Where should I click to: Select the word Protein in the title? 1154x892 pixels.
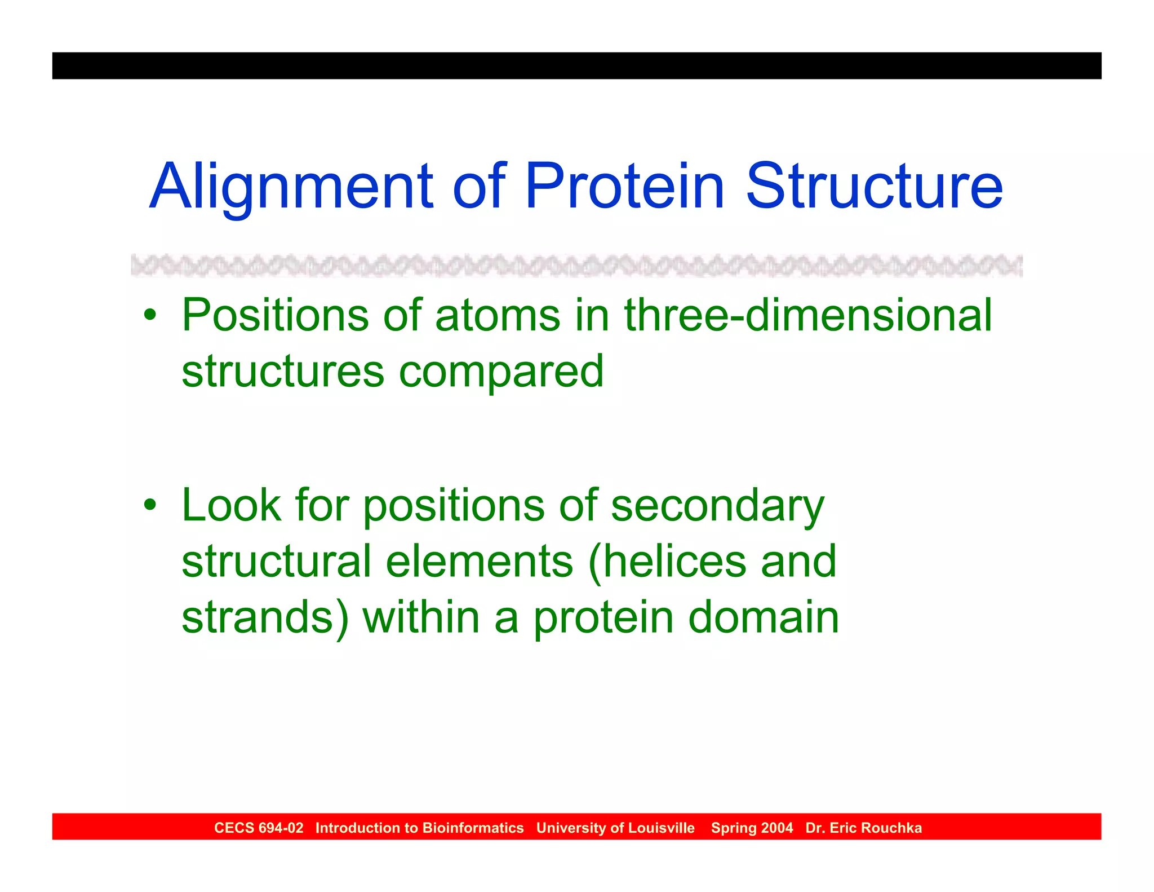[x=624, y=186]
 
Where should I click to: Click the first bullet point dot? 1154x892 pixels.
[x=149, y=315]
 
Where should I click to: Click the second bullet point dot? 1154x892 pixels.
[x=149, y=504]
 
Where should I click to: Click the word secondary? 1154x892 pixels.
[x=717, y=506]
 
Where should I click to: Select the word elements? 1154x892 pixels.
[x=480, y=562]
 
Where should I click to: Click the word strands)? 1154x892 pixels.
[x=265, y=617]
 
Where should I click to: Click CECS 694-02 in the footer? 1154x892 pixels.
[x=259, y=828]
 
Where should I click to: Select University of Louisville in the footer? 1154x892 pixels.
[x=615, y=828]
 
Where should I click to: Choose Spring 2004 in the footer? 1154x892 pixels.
[x=752, y=828]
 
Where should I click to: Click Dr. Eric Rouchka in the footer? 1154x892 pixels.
[x=863, y=828]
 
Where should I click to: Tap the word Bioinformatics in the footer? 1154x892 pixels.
[x=473, y=828]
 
